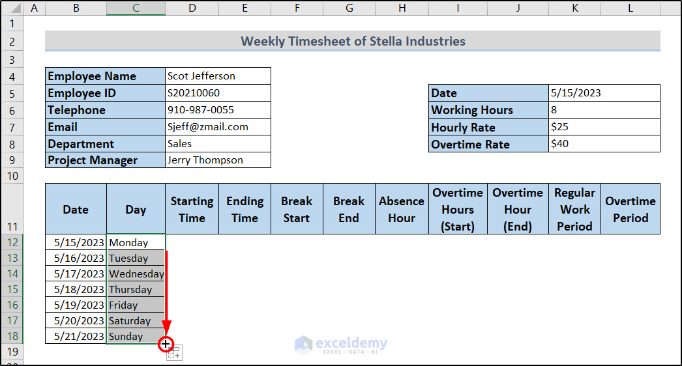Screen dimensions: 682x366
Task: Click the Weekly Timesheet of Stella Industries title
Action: [353, 41]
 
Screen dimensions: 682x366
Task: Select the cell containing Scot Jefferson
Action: [218, 76]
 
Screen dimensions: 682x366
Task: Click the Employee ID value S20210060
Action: [218, 93]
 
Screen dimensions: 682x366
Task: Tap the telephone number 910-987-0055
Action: [218, 110]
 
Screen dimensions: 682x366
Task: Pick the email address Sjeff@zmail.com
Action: [218, 127]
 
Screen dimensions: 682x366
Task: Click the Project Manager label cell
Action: [105, 160]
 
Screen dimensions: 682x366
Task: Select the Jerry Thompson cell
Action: [218, 160]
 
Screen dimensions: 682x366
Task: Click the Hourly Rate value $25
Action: [604, 127]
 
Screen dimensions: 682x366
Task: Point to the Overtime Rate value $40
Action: [604, 144]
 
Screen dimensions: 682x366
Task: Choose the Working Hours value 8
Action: [604, 110]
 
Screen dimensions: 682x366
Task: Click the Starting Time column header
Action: [192, 209]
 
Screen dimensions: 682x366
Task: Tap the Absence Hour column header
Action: [402, 209]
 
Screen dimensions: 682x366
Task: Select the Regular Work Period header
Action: [574, 209]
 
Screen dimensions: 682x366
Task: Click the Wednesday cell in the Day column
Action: [136, 274]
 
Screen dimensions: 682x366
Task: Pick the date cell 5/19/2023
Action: [76, 305]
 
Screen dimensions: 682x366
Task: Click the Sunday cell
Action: [136, 337]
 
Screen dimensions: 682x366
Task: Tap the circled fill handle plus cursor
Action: [166, 345]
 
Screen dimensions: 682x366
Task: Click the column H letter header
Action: [402, 8]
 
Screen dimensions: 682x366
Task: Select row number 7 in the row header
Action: [12, 128]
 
